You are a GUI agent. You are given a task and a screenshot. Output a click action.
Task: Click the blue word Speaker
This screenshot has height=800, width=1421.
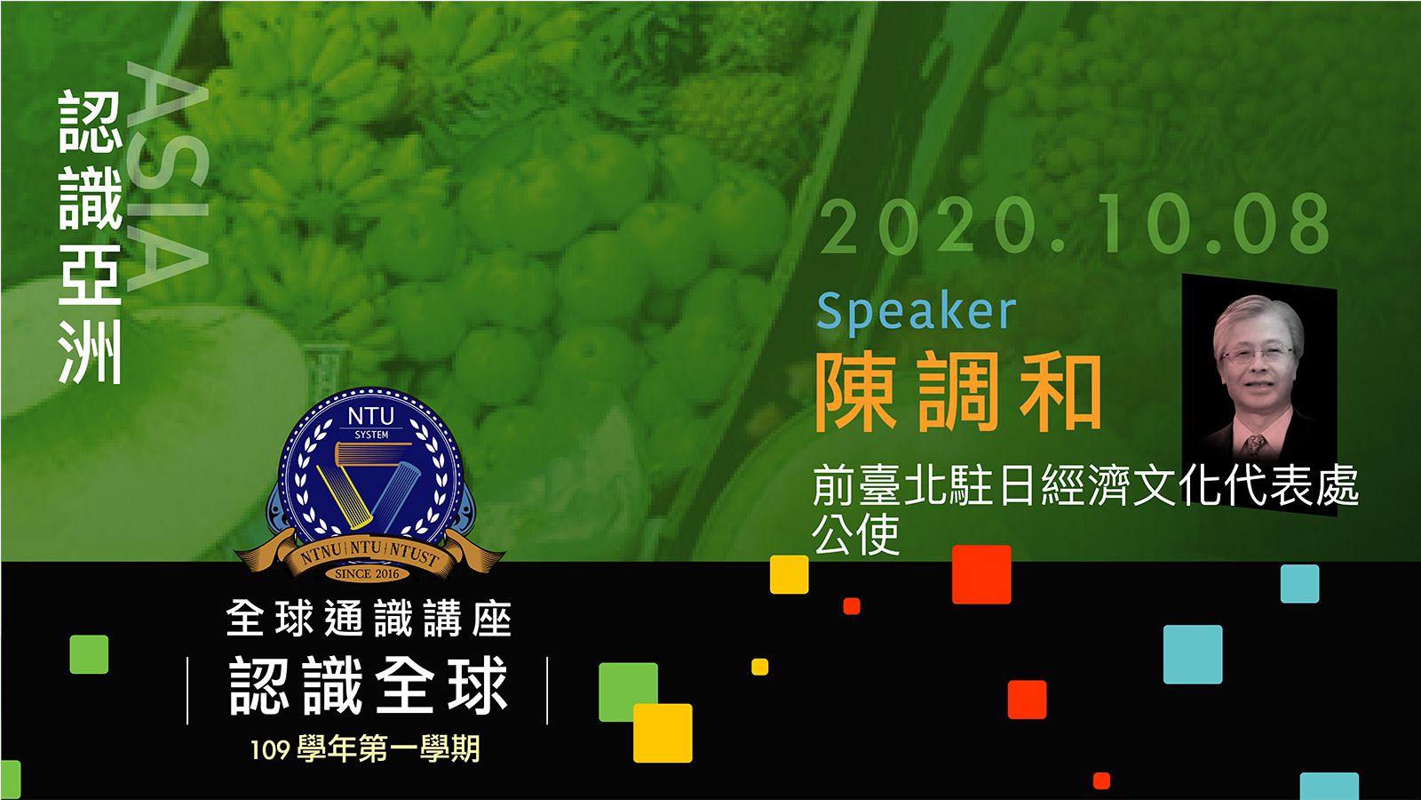click(916, 312)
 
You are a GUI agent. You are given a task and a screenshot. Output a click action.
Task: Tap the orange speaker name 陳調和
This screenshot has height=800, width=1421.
click(958, 392)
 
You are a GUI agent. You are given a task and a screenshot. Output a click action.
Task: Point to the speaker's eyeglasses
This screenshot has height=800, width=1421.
click(1257, 354)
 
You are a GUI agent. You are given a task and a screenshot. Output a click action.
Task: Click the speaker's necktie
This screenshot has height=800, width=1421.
click(1255, 445)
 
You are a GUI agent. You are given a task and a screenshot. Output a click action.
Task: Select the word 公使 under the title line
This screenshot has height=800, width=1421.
click(856, 534)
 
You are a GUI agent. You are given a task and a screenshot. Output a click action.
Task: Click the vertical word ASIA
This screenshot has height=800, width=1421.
click(168, 177)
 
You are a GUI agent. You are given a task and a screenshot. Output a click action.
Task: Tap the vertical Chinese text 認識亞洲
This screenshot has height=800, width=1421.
click(91, 237)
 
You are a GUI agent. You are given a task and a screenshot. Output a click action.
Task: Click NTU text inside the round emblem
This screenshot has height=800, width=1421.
click(371, 417)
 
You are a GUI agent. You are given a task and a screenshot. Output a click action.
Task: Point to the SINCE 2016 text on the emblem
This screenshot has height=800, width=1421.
click(368, 574)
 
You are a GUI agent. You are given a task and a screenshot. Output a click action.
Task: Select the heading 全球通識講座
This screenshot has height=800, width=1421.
click(369, 619)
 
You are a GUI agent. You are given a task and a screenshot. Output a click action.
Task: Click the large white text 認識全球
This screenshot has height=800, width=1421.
click(369, 685)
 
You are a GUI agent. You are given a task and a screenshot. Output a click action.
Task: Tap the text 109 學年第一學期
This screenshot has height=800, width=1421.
click(365, 750)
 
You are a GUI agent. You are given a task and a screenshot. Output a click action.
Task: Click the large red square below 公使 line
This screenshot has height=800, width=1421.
click(981, 574)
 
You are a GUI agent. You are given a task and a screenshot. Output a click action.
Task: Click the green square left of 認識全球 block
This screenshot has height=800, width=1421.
click(89, 654)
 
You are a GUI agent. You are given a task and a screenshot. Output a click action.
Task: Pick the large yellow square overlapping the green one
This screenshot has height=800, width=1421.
click(663, 733)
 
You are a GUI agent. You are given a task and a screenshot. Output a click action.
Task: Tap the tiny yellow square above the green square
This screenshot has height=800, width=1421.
click(760, 667)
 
